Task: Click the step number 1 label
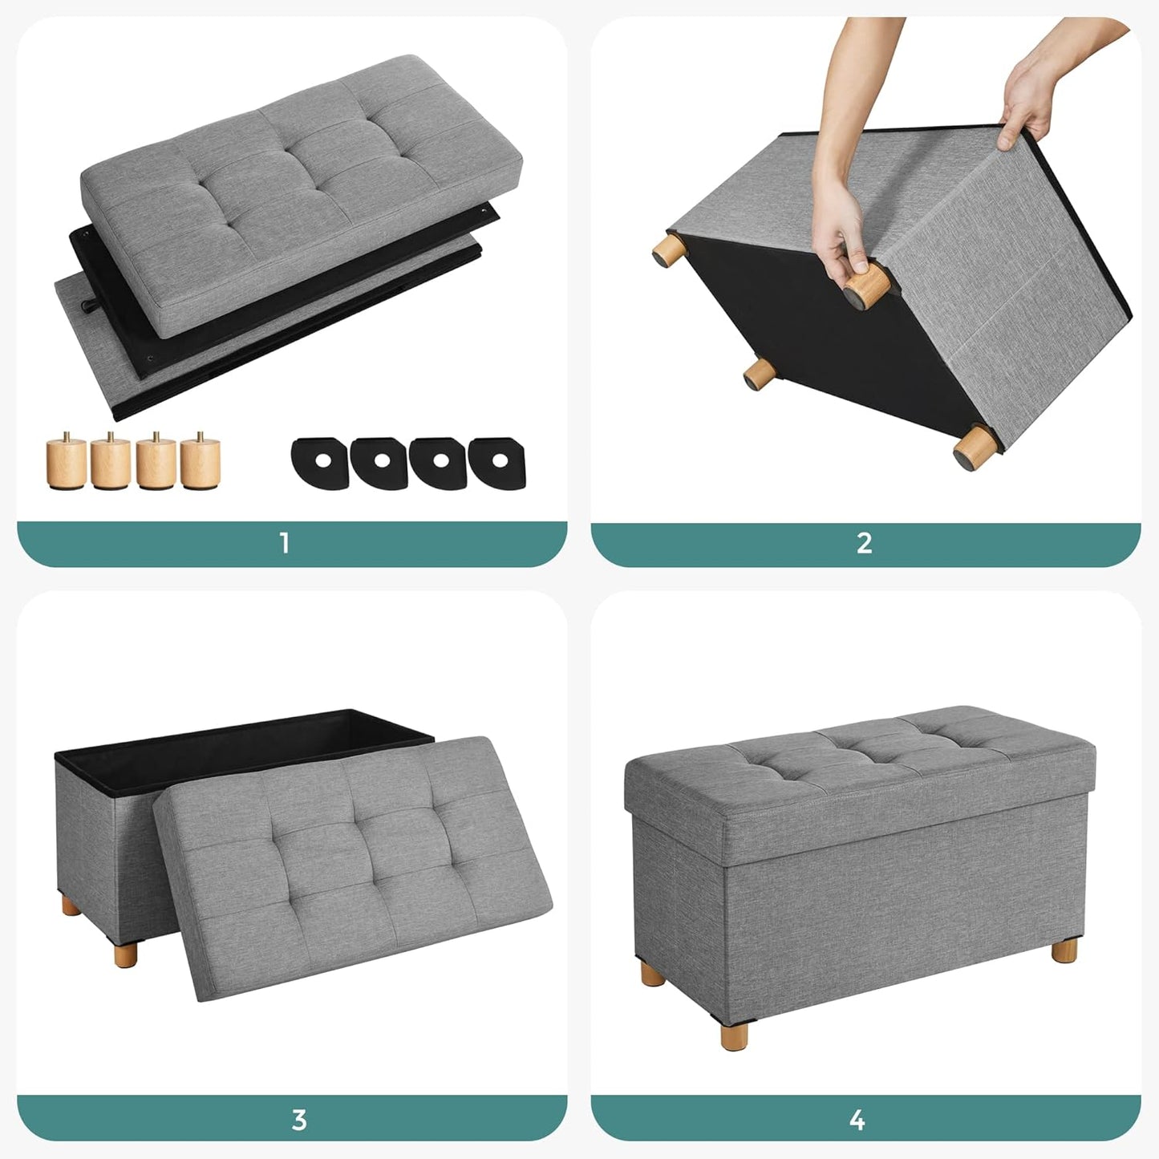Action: click(284, 543)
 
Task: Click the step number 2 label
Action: click(864, 543)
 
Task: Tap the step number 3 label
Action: click(299, 1119)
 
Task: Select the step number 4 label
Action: click(857, 1119)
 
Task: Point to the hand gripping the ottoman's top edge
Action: click(1027, 96)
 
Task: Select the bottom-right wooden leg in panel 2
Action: click(973, 448)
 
